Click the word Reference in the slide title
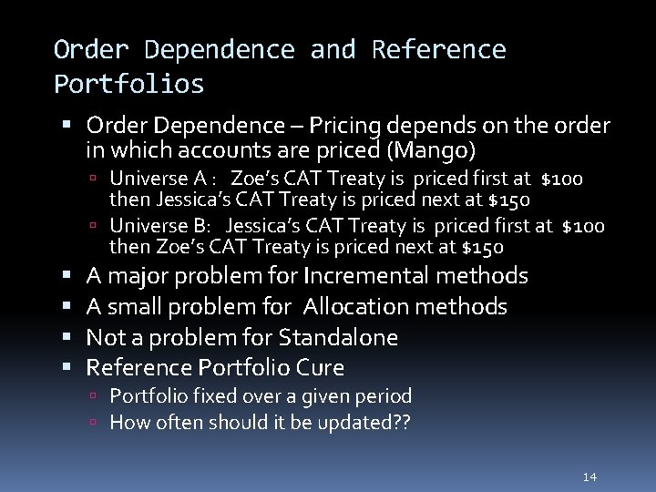pyautogui.click(x=438, y=49)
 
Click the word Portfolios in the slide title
pyautogui.click(x=128, y=85)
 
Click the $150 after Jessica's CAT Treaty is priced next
pyautogui.click(x=510, y=200)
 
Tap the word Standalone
pyautogui.click(x=338, y=337)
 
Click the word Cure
pyautogui.click(x=325, y=368)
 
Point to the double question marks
pyautogui.click(x=401, y=422)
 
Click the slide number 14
pyautogui.click(x=589, y=477)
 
